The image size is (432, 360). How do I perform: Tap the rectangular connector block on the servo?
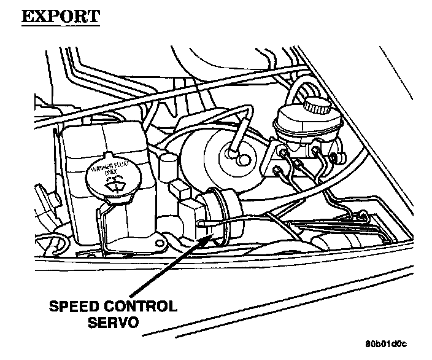187,212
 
